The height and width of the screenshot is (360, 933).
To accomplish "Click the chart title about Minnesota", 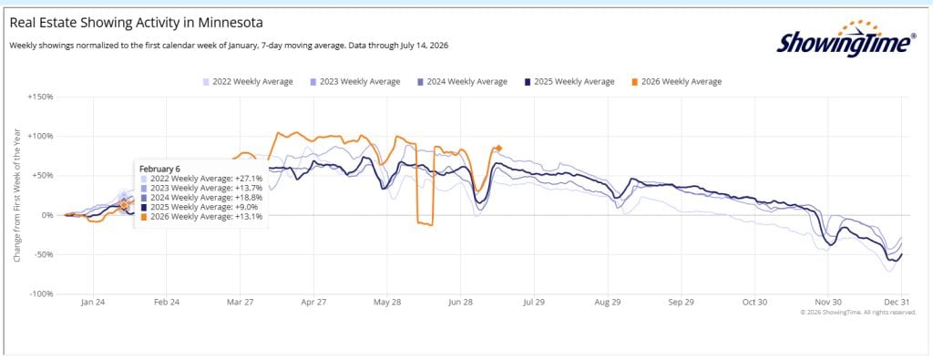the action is pos(137,23).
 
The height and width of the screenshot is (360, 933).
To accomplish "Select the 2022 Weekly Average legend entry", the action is pos(248,81).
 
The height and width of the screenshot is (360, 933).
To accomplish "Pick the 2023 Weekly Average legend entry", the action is pos(354,81).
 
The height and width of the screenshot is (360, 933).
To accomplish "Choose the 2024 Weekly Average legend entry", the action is pos(462,81).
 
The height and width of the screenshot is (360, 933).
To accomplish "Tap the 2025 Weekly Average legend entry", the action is pos(569,81).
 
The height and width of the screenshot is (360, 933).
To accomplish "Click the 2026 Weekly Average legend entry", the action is pos(676,81).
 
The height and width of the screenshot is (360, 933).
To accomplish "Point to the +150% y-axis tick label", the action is pos(40,97).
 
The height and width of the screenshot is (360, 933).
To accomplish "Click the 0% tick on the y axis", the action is pos(46,215).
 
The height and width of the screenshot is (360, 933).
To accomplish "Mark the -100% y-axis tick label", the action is pos(41,294).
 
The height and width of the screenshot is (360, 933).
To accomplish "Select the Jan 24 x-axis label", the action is pos(93,303).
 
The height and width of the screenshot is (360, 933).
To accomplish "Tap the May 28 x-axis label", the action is pos(386,303).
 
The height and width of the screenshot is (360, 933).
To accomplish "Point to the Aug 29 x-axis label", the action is pos(607,303).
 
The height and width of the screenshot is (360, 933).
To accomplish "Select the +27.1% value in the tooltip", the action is pos(249,178).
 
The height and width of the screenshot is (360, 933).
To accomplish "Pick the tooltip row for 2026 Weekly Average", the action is pos(201,217).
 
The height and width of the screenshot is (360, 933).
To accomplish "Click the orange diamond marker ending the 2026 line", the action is pos(498,149).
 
